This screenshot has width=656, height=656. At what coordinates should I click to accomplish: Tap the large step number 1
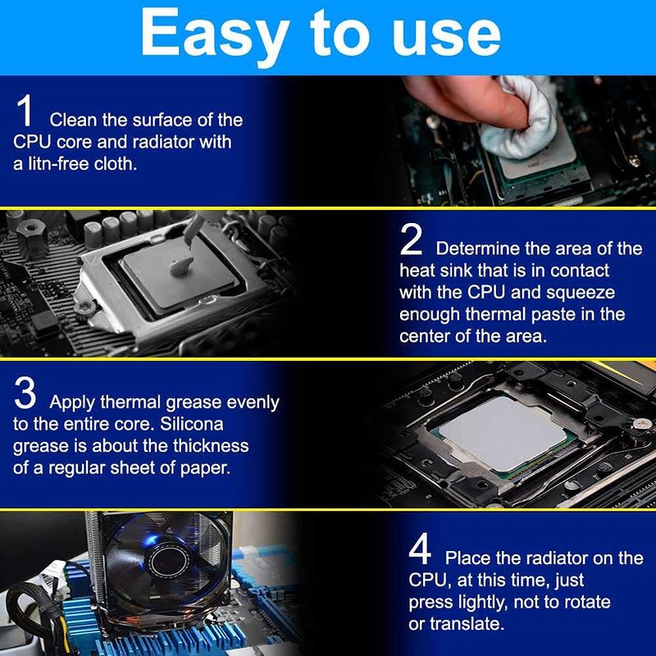(25, 110)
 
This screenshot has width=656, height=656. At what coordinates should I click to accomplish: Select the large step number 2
(411, 239)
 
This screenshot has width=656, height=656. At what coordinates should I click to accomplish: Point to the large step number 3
(25, 393)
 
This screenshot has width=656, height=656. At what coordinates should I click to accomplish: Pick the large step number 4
(420, 548)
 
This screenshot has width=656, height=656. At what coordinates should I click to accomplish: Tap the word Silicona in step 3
(192, 424)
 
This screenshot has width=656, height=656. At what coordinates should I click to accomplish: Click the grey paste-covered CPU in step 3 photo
(502, 433)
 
